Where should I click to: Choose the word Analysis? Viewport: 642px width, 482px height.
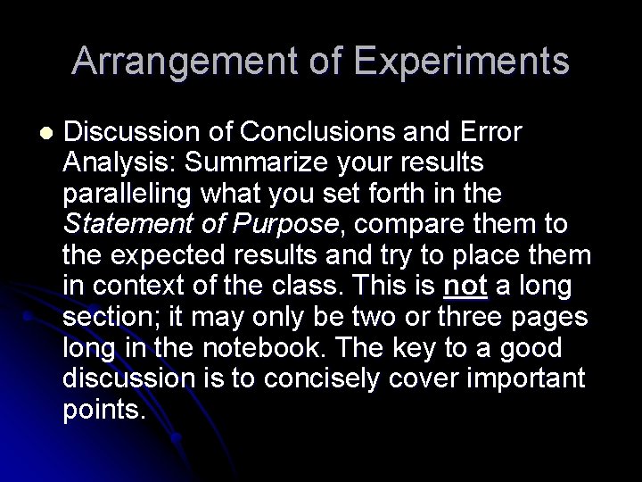coord(111,163)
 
